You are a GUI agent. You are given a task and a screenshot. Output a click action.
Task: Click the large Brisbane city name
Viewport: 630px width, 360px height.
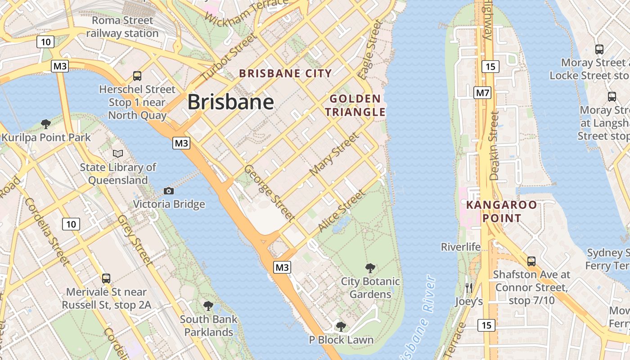[230, 102]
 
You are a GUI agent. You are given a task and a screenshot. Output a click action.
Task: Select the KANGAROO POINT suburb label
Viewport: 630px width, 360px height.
[501, 211]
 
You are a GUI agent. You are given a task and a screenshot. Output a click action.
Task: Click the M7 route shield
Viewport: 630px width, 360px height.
[482, 93]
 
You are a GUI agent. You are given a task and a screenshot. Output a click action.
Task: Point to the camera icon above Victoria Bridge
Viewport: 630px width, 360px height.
[169, 191]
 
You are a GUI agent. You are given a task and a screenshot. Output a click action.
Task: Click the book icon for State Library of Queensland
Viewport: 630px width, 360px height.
[118, 154]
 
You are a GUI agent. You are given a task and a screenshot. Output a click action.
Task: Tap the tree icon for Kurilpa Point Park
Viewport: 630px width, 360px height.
[45, 124]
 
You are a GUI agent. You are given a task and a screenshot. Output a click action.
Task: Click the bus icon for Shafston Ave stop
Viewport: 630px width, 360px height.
[531, 261]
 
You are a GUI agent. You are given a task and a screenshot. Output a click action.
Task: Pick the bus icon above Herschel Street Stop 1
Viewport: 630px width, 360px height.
[137, 76]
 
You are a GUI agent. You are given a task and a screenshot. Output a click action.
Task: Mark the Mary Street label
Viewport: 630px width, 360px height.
[335, 154]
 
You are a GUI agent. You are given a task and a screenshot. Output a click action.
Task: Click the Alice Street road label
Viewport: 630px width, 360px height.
[342, 211]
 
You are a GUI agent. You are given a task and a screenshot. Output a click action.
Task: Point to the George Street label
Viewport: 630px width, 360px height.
[269, 193]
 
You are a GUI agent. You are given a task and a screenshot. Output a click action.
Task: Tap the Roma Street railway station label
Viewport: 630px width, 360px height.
[122, 27]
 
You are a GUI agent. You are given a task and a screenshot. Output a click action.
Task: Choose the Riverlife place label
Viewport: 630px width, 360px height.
[460, 247]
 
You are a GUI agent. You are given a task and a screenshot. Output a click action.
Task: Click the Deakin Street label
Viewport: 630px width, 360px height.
[494, 146]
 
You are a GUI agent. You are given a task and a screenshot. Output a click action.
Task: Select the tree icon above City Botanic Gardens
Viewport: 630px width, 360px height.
[370, 269]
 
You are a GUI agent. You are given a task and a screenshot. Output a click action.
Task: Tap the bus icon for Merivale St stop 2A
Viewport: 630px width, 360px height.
[106, 279]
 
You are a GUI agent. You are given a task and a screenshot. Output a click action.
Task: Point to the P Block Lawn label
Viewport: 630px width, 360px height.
[341, 340]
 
